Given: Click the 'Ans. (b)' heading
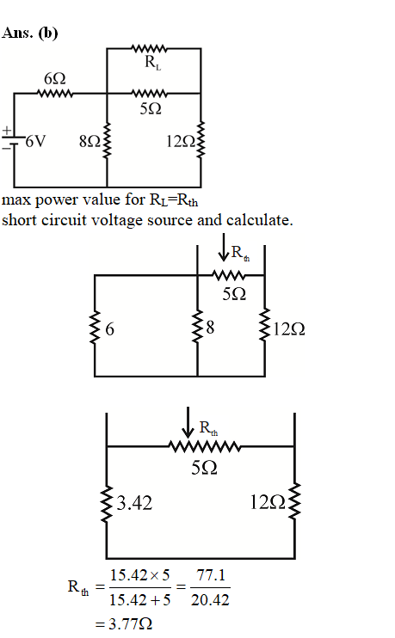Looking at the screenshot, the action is click(x=30, y=33).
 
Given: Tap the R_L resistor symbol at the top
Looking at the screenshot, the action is click(x=149, y=48).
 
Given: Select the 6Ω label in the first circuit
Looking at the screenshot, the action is click(x=55, y=78).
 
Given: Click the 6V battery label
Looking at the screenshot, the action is click(x=36, y=141).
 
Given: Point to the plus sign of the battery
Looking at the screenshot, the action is click(x=7, y=131).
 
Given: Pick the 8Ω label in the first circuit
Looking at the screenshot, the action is click(x=89, y=141).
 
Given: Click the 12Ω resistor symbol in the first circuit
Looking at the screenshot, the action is click(x=201, y=139).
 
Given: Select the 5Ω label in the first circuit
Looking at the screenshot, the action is click(x=151, y=108).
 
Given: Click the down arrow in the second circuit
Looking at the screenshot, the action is click(x=223, y=247).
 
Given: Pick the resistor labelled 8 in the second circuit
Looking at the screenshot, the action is click(x=198, y=327).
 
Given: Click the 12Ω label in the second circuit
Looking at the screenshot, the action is click(x=288, y=328).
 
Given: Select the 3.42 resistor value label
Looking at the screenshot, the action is click(x=134, y=503).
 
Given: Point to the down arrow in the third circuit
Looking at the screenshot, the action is click(x=188, y=422).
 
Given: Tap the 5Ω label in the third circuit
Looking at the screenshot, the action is click(x=204, y=468).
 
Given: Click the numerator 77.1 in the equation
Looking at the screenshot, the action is click(x=211, y=575).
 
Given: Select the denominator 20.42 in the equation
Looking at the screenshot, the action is click(x=210, y=600).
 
